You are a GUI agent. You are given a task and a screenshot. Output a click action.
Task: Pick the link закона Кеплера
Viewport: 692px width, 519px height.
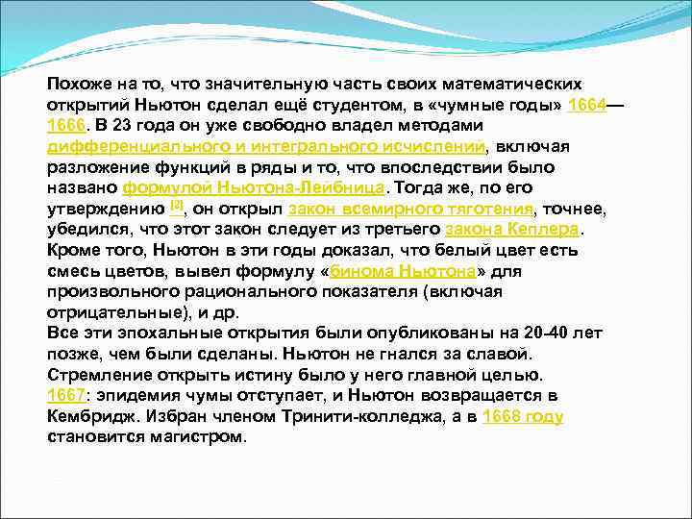(x=513, y=230)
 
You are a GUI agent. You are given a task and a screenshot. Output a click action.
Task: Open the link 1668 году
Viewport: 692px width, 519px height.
(x=523, y=416)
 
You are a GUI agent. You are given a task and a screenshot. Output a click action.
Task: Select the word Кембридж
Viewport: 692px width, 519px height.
(x=90, y=416)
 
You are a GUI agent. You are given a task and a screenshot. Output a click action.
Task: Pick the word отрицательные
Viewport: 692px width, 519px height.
(x=114, y=312)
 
